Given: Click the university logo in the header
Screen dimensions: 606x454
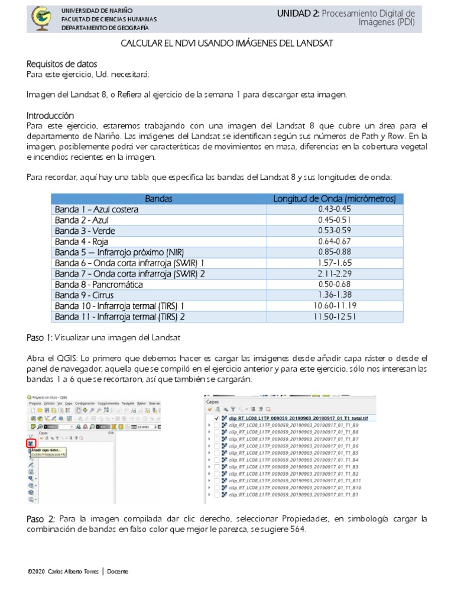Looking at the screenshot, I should [x=41, y=18].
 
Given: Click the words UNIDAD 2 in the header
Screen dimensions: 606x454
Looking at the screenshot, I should [x=299, y=13].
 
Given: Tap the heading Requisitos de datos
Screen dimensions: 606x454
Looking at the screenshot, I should [x=62, y=64].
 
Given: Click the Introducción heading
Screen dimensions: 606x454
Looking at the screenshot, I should [x=51, y=115].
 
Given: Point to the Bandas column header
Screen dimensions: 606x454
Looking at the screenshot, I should [x=158, y=199].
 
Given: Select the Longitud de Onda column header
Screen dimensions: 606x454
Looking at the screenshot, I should [x=334, y=199].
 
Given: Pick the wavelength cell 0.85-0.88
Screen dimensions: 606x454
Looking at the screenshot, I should [x=334, y=252].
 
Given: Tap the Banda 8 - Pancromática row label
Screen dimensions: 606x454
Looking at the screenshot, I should [x=99, y=284].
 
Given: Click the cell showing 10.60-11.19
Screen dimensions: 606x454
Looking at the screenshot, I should [x=334, y=305].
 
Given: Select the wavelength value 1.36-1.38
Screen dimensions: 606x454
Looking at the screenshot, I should [x=334, y=295].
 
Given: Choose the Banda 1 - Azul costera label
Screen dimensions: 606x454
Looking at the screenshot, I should [x=96, y=209].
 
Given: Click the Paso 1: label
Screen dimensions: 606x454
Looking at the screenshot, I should [x=40, y=337].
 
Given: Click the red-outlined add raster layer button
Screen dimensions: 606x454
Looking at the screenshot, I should [x=30, y=443].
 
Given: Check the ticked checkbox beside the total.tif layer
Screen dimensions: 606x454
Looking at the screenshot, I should [x=216, y=418].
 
